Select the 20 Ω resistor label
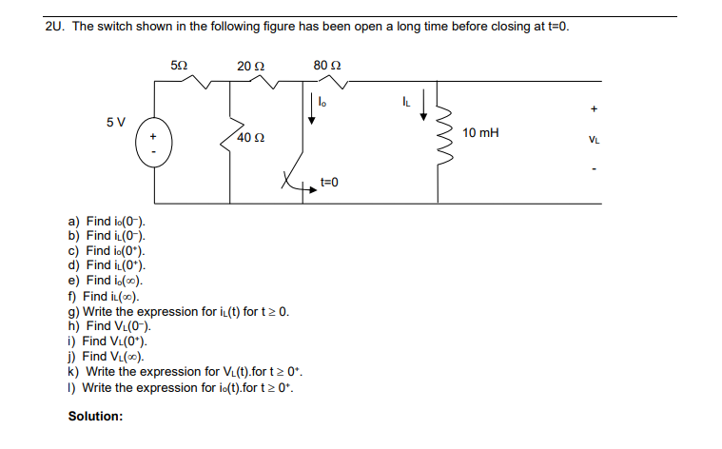point(250,66)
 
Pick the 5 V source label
point(116,123)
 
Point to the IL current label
point(407,96)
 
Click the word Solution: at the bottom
point(95,417)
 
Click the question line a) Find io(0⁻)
point(107,221)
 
